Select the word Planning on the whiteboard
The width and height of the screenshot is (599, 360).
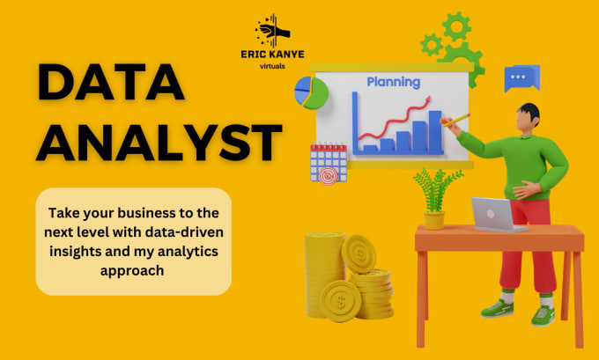394,82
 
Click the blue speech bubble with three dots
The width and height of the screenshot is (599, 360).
521,78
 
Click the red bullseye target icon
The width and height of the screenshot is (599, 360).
328,177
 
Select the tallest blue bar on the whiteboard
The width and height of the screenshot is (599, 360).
433,132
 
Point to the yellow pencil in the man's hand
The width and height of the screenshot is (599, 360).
459,117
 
